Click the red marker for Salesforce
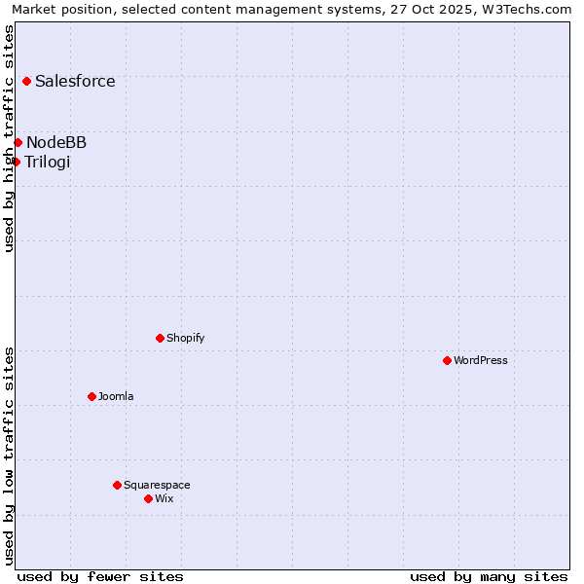click(x=26, y=82)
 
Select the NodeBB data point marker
click(x=18, y=143)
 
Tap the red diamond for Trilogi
click(x=16, y=162)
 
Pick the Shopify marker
click(x=160, y=339)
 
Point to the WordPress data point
click(x=447, y=361)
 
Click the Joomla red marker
click(x=91, y=397)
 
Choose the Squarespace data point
click(x=117, y=485)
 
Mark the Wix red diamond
click(x=148, y=499)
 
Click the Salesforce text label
click(x=75, y=82)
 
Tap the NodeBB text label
click(x=56, y=143)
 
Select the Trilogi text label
click(x=48, y=162)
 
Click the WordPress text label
click(x=481, y=361)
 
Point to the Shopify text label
click(x=185, y=339)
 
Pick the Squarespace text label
click(x=157, y=485)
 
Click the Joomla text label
click(x=116, y=397)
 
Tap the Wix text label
click(x=164, y=499)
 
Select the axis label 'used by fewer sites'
click(x=100, y=576)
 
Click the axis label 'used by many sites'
click(x=489, y=576)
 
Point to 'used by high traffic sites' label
click(x=9, y=138)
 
